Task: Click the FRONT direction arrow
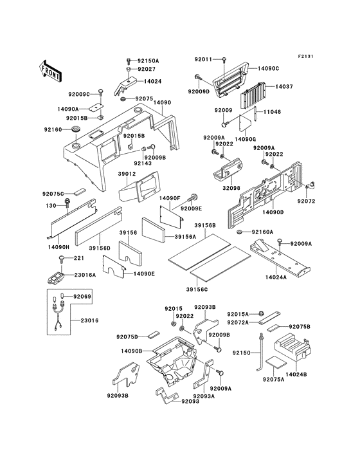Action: [x=51, y=66]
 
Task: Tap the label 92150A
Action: [x=148, y=60]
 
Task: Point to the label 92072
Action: [x=306, y=201]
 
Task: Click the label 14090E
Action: [x=143, y=273]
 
